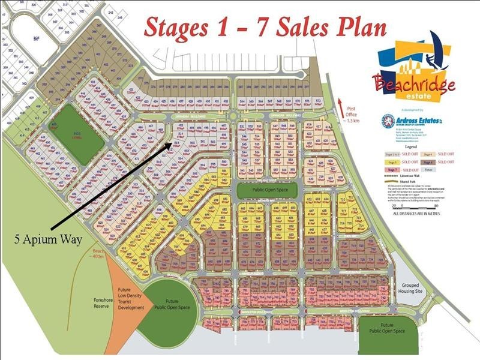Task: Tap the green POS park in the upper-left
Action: click(77, 134)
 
